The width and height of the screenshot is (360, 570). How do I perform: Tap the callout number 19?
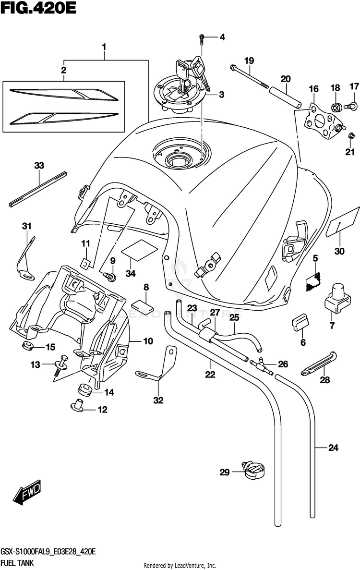(249, 61)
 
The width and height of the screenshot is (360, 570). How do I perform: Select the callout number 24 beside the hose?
(333, 449)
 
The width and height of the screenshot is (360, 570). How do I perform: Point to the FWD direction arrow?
(28, 493)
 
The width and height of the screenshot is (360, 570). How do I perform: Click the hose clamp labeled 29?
(254, 471)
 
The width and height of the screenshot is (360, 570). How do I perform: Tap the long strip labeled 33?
(37, 188)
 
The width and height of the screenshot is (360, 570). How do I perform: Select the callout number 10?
(148, 341)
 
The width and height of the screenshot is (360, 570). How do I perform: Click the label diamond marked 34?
(139, 247)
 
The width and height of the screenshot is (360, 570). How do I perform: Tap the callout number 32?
(158, 400)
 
